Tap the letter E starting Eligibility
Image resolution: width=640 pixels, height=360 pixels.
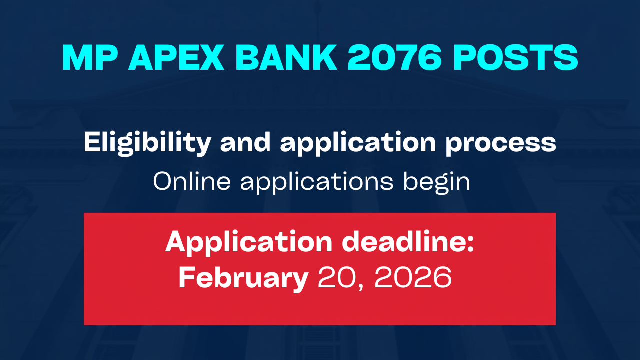click(91, 143)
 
